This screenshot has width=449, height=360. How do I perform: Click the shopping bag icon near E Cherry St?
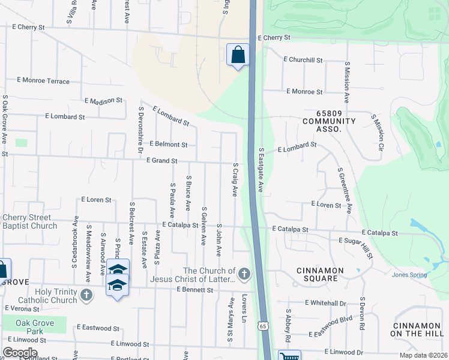tap(238, 55)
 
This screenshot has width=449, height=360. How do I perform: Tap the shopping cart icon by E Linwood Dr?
tap(289, 356)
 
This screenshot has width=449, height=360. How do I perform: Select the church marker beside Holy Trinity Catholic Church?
tap(86, 295)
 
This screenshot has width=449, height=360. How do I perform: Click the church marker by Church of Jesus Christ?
tap(244, 275)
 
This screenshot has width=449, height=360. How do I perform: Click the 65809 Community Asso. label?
tap(329, 121)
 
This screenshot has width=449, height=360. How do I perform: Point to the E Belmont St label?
tap(169, 145)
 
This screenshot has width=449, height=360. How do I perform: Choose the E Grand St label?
tap(162, 161)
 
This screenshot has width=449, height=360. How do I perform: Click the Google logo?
tap(20, 353)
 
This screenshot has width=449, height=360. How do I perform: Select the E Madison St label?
tap(103, 101)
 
